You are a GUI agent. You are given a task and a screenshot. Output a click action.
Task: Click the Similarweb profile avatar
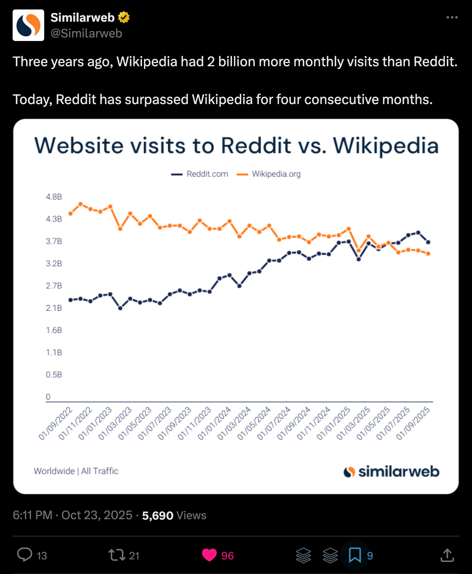click(28, 25)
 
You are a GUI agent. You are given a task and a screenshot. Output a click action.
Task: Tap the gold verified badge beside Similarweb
click(124, 17)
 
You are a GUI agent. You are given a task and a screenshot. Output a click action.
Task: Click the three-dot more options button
click(452, 17)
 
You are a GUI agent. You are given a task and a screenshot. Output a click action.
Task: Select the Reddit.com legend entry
click(200, 174)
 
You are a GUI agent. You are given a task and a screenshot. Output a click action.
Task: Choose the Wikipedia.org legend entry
click(269, 174)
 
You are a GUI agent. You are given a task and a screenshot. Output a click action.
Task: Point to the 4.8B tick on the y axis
click(54, 197)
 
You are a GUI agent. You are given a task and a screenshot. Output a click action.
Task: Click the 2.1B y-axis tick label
click(54, 308)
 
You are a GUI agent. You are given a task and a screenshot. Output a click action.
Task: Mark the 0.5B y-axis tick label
click(54, 375)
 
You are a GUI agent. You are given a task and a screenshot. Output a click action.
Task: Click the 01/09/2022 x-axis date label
click(56, 423)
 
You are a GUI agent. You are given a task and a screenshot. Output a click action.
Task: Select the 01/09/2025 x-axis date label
click(413, 423)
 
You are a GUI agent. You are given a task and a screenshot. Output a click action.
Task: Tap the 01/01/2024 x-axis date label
click(214, 423)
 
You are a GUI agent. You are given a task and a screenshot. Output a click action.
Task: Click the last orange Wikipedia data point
click(428, 254)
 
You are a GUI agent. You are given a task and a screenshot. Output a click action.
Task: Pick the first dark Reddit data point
click(71, 300)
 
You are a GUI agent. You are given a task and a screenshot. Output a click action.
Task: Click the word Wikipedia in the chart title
click(386, 145)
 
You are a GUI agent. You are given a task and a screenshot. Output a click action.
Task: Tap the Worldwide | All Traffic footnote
click(76, 471)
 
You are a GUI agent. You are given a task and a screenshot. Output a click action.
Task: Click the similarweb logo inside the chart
click(391, 471)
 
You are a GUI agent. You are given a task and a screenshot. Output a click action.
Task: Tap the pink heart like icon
click(209, 555)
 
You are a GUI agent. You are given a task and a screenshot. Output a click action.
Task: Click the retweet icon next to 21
click(116, 555)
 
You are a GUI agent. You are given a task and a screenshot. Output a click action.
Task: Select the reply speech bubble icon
click(25, 555)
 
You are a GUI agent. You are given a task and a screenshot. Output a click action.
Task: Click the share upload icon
click(447, 555)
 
